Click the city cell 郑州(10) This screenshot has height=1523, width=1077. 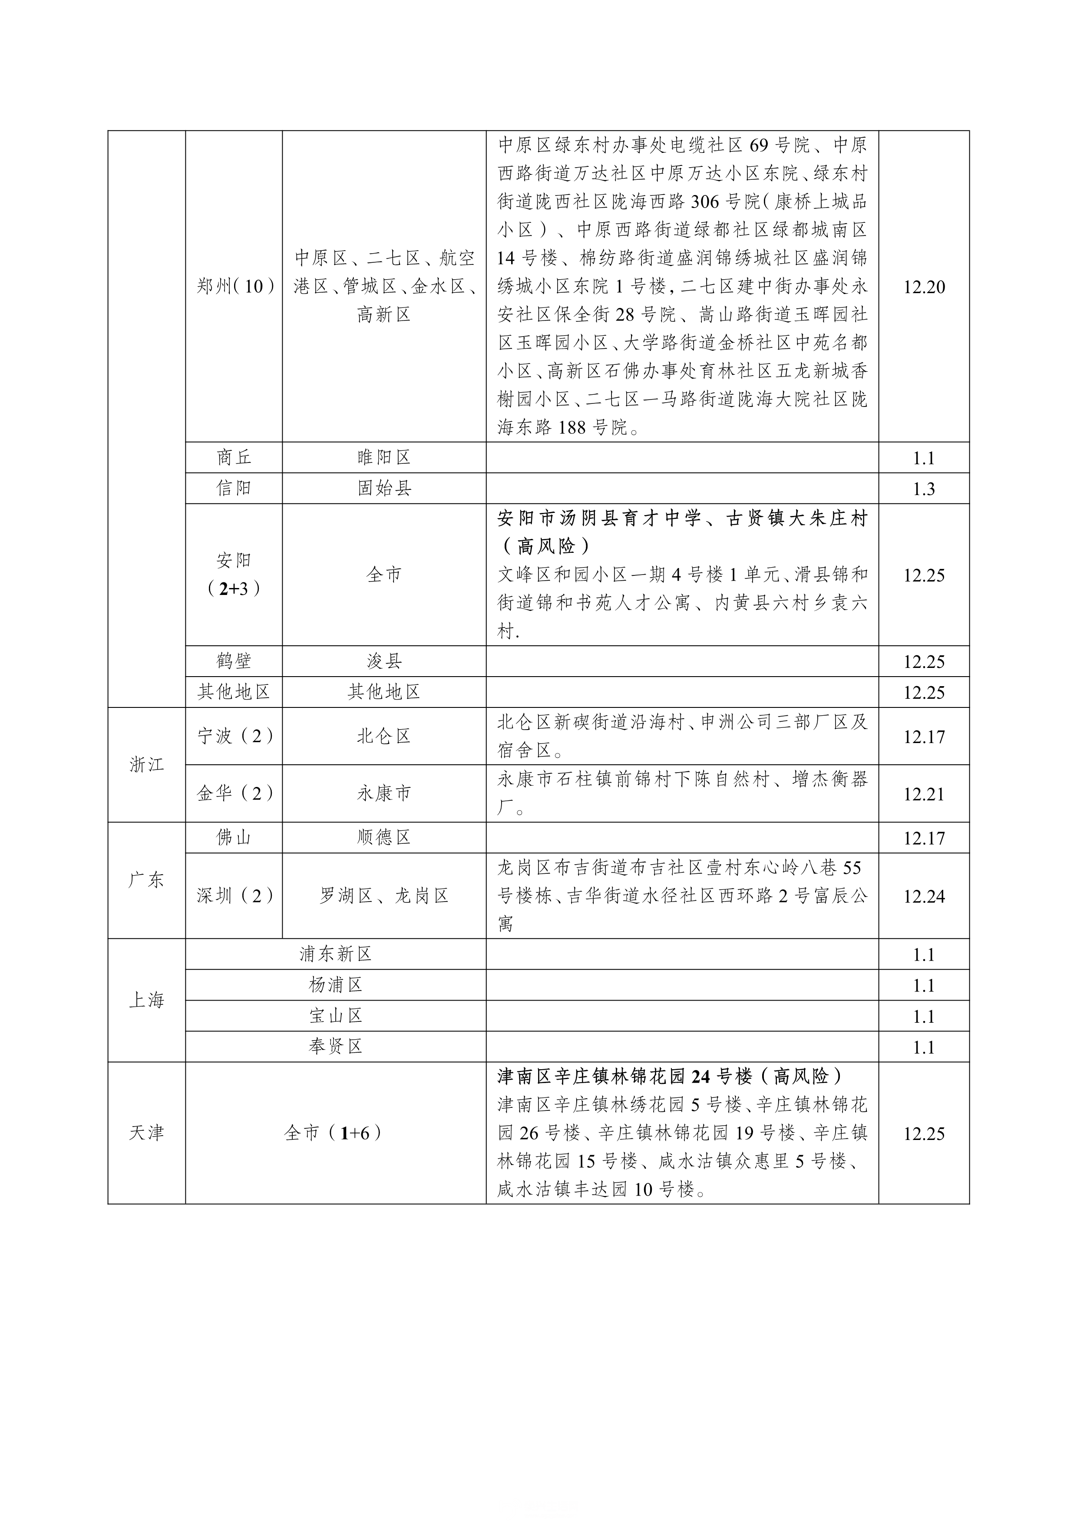(x=234, y=287)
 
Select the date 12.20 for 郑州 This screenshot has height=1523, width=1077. (x=924, y=287)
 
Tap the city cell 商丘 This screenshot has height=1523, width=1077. (x=234, y=458)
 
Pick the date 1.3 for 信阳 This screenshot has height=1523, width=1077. (x=924, y=489)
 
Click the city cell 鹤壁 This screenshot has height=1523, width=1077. (x=234, y=661)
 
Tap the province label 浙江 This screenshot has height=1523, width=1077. (x=146, y=765)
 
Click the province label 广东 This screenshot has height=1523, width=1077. (x=146, y=881)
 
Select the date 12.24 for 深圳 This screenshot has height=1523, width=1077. (x=924, y=897)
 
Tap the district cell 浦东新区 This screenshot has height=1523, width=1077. (x=336, y=955)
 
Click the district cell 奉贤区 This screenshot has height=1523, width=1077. (x=336, y=1047)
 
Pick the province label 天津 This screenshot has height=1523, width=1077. (x=146, y=1133)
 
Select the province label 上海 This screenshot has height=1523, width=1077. (x=146, y=1000)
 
